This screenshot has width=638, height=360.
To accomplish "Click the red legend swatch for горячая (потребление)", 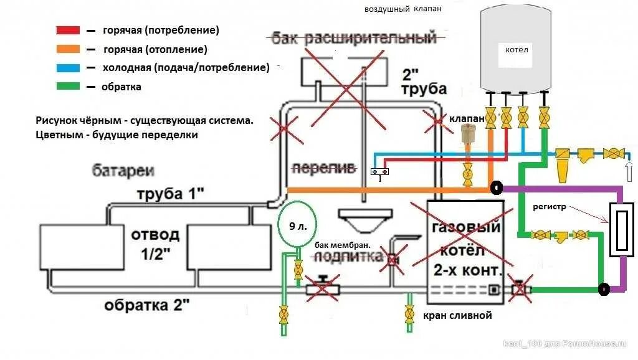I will [x=68, y=30].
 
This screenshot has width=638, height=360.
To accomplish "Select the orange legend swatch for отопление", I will [x=68, y=49].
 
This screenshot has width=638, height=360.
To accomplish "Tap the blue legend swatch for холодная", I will [x=68, y=67].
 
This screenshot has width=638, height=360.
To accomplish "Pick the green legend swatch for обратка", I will [x=68, y=86].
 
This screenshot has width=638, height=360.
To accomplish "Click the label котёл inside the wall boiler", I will [x=516, y=49].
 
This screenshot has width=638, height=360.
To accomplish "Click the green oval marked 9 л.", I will [x=297, y=225].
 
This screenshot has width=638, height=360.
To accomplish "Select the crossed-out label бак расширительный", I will [x=353, y=39].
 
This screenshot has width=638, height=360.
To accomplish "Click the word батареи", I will [x=123, y=171].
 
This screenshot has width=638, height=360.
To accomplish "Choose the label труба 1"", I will [x=170, y=194].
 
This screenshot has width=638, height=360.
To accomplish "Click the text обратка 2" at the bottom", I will [x=146, y=305].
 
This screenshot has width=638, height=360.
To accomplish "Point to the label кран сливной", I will [x=457, y=315].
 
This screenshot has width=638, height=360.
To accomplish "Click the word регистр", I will [x=550, y=207].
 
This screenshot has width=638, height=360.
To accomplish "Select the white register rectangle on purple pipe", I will [x=622, y=229].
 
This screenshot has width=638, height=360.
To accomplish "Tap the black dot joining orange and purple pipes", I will [x=496, y=187].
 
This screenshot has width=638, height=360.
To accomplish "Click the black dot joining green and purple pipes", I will [x=603, y=289].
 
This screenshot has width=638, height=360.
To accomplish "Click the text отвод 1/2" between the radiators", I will [x=155, y=244].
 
